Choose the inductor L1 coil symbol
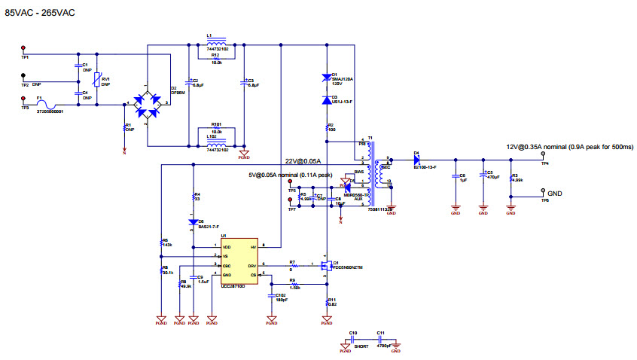point(215,44)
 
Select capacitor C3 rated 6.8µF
point(242,82)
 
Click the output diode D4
point(416,160)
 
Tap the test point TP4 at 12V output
point(544,160)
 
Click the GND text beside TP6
point(554,194)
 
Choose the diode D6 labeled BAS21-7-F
point(194,222)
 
